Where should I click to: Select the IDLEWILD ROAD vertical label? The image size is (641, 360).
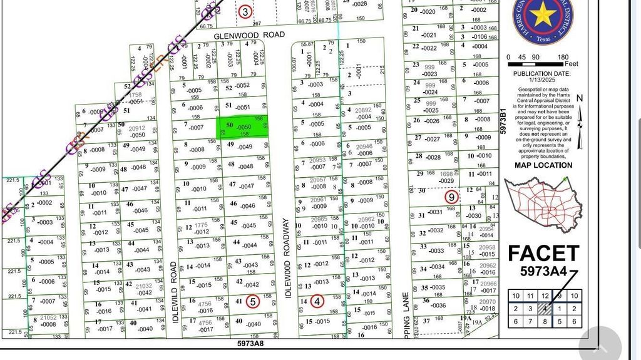pyautogui.click(x=175, y=293)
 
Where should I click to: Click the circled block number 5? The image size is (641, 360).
pyautogui.click(x=252, y=301)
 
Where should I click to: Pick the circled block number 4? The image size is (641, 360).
pyautogui.click(x=317, y=301)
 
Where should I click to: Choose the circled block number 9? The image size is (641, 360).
pyautogui.click(x=451, y=197)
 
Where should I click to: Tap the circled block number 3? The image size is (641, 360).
pyautogui.click(x=245, y=11)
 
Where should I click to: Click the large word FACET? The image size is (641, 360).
pyautogui.click(x=543, y=254)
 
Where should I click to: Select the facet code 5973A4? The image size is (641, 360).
pyautogui.click(x=543, y=272)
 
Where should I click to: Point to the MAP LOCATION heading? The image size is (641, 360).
pyautogui.click(x=543, y=165)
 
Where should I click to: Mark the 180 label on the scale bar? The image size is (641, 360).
pyautogui.click(x=563, y=57)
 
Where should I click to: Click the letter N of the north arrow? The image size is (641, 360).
pyautogui.click(x=579, y=98)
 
